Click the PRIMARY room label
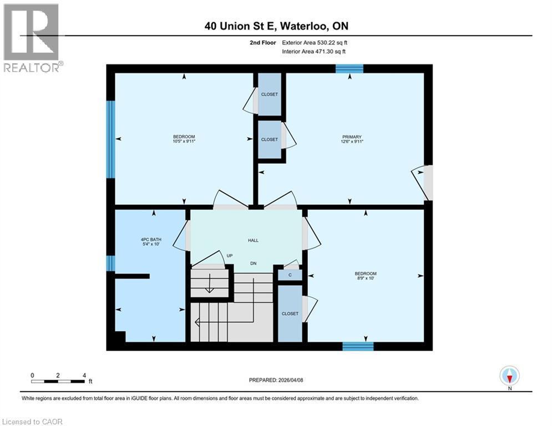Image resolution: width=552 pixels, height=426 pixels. (x=352, y=137)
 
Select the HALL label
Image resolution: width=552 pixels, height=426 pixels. (x=253, y=240)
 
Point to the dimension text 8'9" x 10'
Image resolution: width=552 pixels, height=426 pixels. (x=366, y=279)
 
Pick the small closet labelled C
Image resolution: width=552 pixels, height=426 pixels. (x=290, y=275)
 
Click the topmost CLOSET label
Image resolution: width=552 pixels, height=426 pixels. (x=270, y=94)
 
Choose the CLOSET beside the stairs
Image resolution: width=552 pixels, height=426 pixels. (x=290, y=313)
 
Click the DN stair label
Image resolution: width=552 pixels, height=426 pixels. (x=253, y=263)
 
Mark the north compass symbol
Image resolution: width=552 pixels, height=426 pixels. (x=509, y=376)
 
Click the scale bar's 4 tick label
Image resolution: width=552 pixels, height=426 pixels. (x=84, y=375)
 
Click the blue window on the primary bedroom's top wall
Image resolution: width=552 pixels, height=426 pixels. (x=350, y=69)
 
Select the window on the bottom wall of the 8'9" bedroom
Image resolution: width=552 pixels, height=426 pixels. (x=358, y=346)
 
